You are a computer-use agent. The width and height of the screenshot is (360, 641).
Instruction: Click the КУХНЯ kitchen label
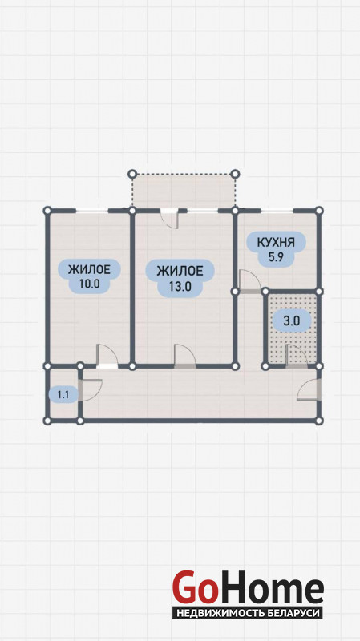pos(276,242)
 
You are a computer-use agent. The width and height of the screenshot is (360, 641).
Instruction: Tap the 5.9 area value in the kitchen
pos(276,257)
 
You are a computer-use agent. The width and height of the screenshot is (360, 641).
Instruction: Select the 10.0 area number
pos(90,284)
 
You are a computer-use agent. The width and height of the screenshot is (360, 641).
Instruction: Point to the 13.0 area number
pos(180,286)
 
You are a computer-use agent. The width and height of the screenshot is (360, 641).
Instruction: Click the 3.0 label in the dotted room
pos(291,321)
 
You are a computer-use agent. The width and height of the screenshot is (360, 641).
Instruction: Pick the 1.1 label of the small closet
pos(63,394)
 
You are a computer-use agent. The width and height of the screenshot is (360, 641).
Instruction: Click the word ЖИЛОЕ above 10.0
pos(89,269)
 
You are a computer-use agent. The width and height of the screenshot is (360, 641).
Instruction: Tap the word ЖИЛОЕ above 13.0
pos(180,271)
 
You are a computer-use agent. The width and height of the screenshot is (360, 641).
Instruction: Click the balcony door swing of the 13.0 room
pos(170,220)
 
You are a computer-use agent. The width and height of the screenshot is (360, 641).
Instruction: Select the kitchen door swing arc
pos(250,280)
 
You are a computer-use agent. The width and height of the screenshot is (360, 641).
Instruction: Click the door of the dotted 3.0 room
pos(296,356)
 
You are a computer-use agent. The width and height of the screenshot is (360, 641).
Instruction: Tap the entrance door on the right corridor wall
pos(309,389)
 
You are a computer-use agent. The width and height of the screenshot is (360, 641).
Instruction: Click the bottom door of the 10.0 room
pos(107,356)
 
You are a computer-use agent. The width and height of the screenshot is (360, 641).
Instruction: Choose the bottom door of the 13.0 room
pos(185,356)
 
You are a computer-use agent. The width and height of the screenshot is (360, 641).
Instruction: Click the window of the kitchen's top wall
pos(277,211)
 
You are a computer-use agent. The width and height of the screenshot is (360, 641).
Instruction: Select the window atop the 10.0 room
pos(92,211)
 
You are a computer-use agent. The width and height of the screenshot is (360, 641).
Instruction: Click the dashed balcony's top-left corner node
pos(132,174)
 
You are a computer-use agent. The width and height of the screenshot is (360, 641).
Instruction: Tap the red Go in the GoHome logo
pos(195,587)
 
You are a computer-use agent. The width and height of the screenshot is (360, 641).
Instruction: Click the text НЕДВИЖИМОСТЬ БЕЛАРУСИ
pos(248,613)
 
